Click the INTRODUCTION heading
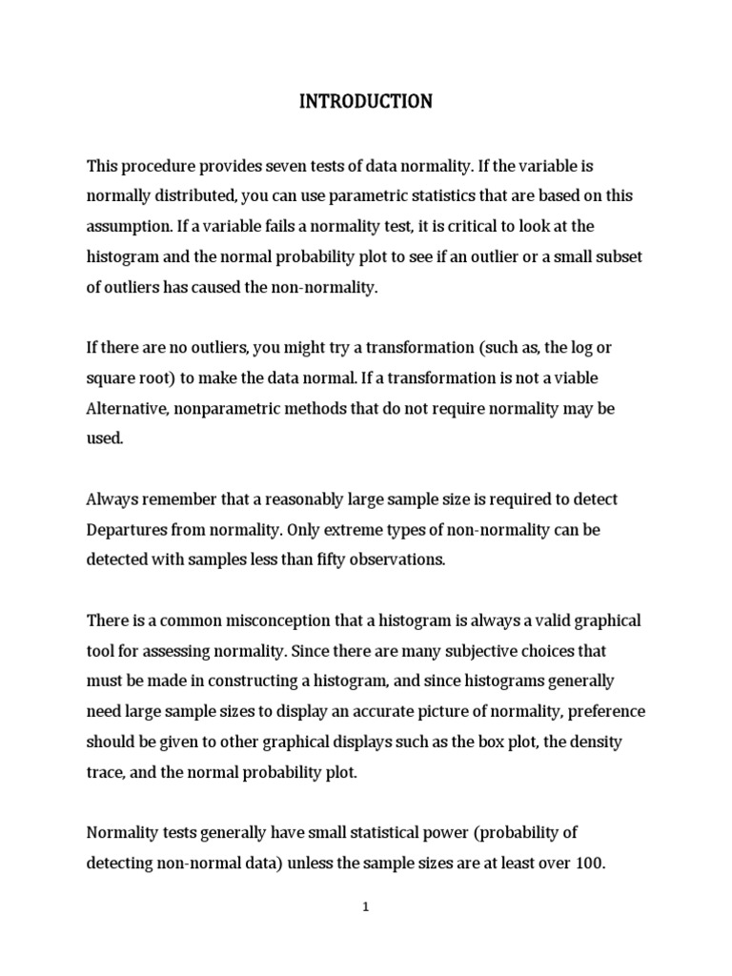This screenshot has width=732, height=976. pos(366,101)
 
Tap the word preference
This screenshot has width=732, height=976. pos(604,711)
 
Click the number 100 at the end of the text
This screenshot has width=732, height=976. pos(590,863)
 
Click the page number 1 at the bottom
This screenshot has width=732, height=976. pos(365,908)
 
